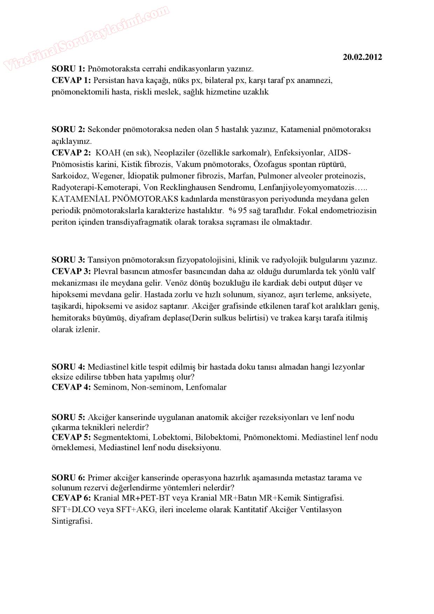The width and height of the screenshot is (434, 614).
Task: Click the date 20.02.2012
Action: point(362,57)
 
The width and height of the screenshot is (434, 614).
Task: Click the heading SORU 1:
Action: point(68,69)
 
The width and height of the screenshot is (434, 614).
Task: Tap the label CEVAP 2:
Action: point(71,153)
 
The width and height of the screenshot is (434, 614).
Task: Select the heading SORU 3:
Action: point(68,260)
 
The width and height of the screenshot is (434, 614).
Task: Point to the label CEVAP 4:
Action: point(71,387)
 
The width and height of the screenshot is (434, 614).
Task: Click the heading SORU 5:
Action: point(68,417)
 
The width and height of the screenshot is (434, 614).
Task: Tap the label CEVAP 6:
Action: point(71,498)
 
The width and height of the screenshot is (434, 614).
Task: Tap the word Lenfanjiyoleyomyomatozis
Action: point(306,187)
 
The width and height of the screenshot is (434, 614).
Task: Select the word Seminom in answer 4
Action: point(110,387)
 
